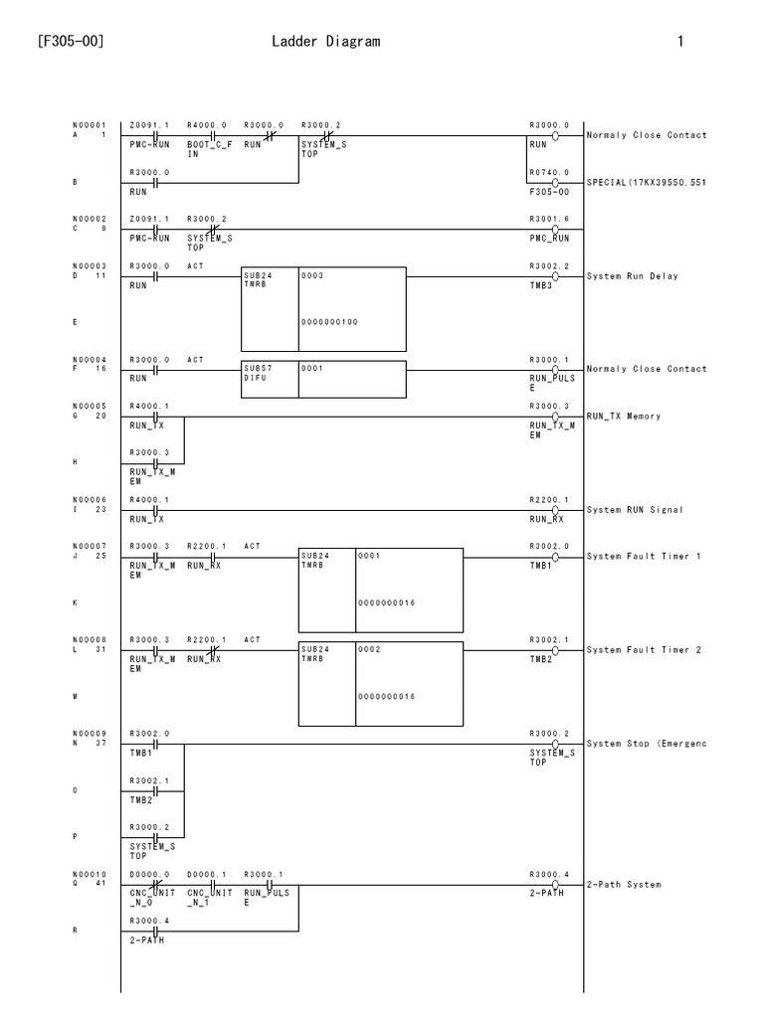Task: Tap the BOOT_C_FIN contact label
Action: (207, 149)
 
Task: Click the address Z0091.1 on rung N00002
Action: (149, 218)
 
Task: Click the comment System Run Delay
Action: (633, 276)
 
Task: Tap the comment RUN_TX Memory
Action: (624, 417)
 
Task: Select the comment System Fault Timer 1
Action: (644, 557)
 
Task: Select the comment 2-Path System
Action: (624, 884)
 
